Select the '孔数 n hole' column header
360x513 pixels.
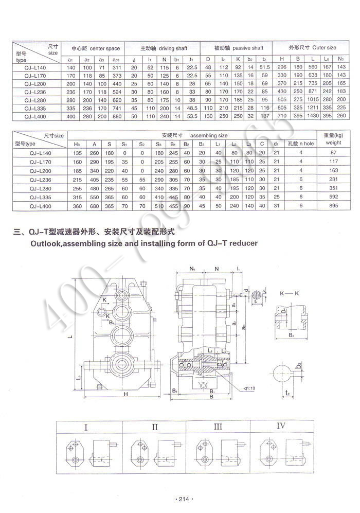click(300, 144)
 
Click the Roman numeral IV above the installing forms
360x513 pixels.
click(281, 426)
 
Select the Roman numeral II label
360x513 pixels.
click(155, 427)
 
